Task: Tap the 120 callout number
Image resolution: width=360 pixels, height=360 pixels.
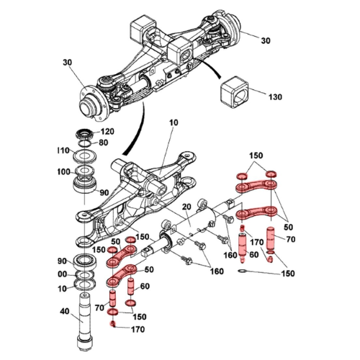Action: (x=107, y=132)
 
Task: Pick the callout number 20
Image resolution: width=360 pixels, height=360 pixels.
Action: (x=185, y=207)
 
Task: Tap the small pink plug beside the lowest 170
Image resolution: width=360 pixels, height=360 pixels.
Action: (x=114, y=323)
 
